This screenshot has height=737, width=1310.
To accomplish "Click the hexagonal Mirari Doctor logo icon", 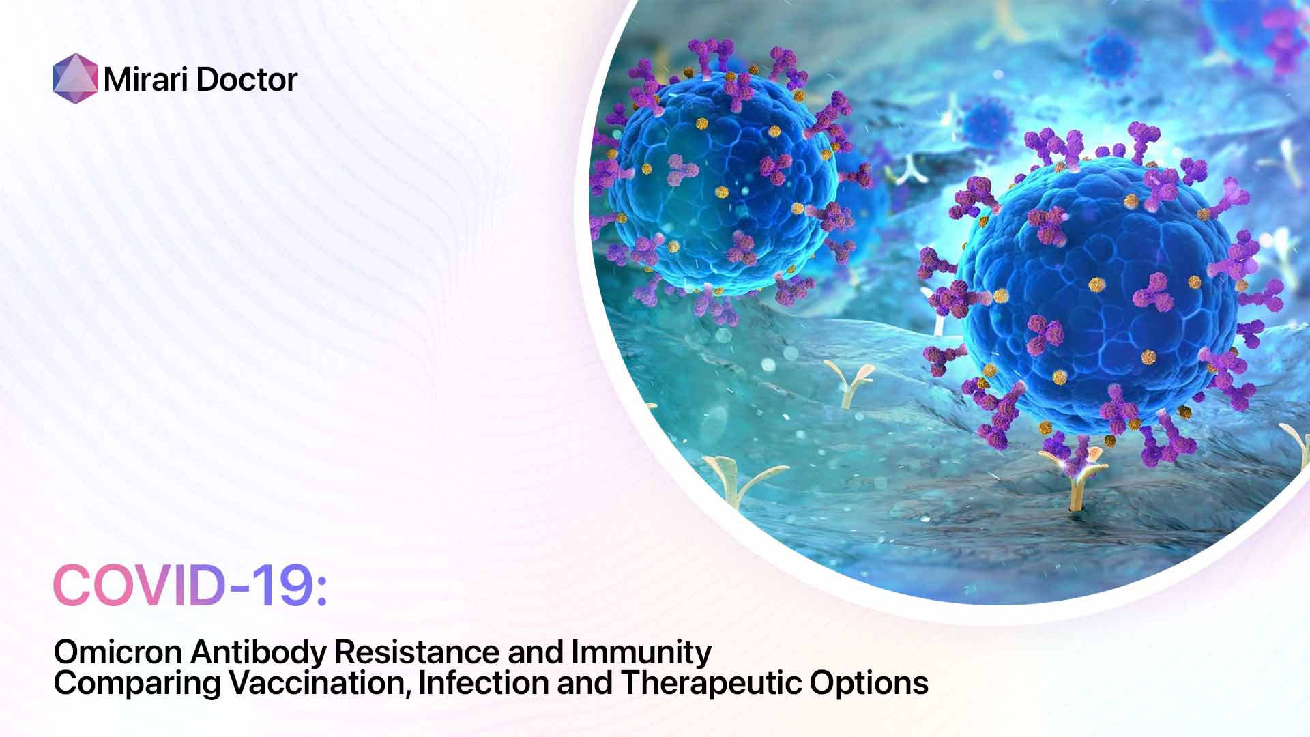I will [x=75, y=78].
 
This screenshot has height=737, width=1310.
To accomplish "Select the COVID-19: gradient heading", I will [x=190, y=586].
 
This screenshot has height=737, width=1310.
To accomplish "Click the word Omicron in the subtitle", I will [x=117, y=652].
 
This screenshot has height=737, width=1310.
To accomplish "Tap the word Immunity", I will [x=641, y=653].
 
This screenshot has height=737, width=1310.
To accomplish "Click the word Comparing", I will [x=136, y=684].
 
